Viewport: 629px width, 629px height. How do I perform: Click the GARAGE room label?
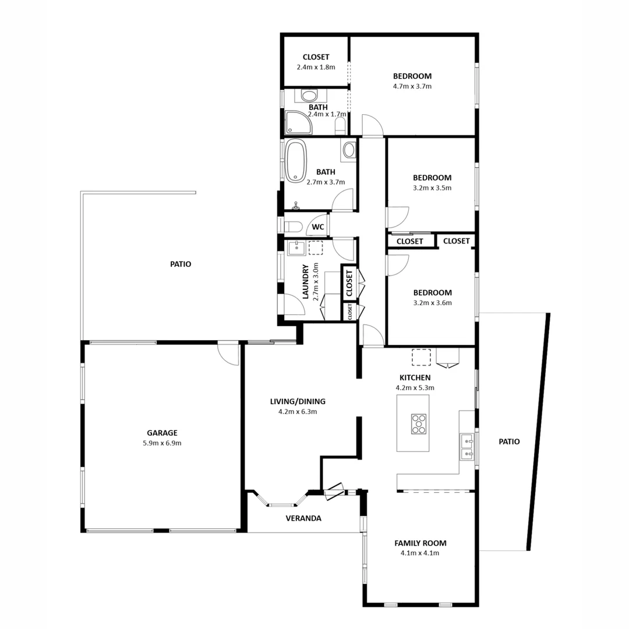[x=162, y=433]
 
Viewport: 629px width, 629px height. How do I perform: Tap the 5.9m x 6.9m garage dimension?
[x=162, y=443]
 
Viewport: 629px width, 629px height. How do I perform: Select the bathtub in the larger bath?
[x=296, y=160]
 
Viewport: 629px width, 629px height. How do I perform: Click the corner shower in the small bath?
[x=298, y=122]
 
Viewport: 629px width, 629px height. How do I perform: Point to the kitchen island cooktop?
[x=419, y=423]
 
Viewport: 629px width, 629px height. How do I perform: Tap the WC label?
[x=318, y=227]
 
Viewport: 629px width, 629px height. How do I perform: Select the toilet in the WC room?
[x=292, y=227]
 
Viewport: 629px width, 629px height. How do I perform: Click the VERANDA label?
[x=303, y=518]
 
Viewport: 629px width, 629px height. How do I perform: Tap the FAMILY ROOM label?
[x=420, y=543]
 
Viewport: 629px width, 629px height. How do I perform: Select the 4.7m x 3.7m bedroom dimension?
[x=412, y=86]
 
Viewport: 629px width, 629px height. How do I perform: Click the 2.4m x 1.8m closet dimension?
[x=316, y=67]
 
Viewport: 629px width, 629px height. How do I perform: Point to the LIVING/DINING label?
[x=298, y=401]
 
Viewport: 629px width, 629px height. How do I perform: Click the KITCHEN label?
[x=415, y=377]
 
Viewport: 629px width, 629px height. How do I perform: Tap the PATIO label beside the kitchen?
[x=509, y=441]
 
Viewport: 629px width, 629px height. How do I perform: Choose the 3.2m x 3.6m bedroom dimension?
[x=433, y=303]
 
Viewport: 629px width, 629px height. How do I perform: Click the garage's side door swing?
[x=229, y=353]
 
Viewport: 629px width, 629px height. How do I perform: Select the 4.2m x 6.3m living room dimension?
[x=298, y=412]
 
